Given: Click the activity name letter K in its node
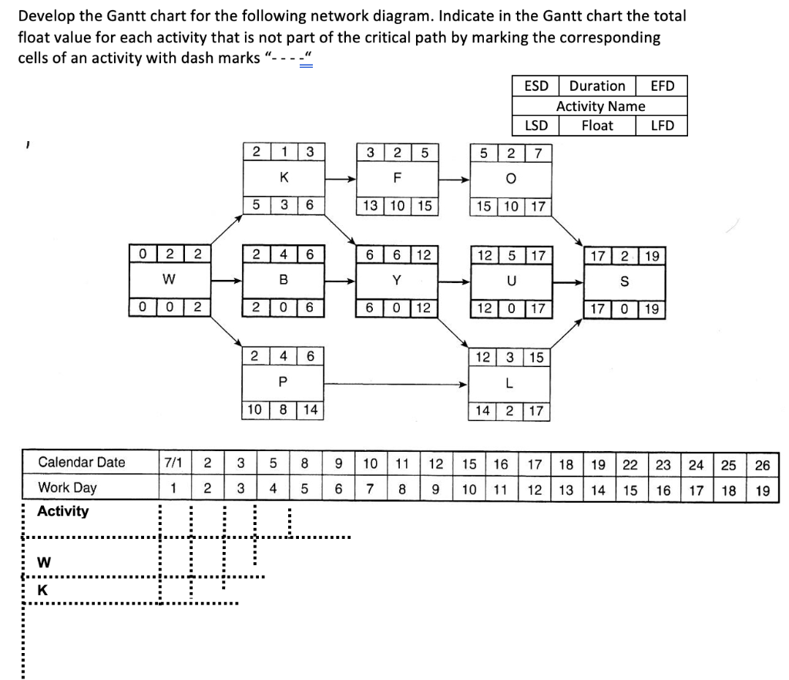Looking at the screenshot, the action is [x=284, y=177].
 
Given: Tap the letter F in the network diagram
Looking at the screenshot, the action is [x=397, y=177].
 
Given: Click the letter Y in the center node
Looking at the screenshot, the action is [x=397, y=280].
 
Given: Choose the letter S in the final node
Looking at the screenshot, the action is [x=625, y=281].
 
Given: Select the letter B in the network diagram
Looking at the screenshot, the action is [x=284, y=280].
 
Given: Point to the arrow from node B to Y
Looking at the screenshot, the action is [x=340, y=280].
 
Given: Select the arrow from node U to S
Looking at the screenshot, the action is [x=568, y=281].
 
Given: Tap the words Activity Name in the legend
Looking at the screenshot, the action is [x=600, y=106].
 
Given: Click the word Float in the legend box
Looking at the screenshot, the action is [x=597, y=125].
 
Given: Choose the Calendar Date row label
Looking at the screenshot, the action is [x=82, y=463].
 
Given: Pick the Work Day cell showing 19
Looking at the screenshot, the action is [x=762, y=490].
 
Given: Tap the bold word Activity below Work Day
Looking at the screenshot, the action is [x=63, y=511].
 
